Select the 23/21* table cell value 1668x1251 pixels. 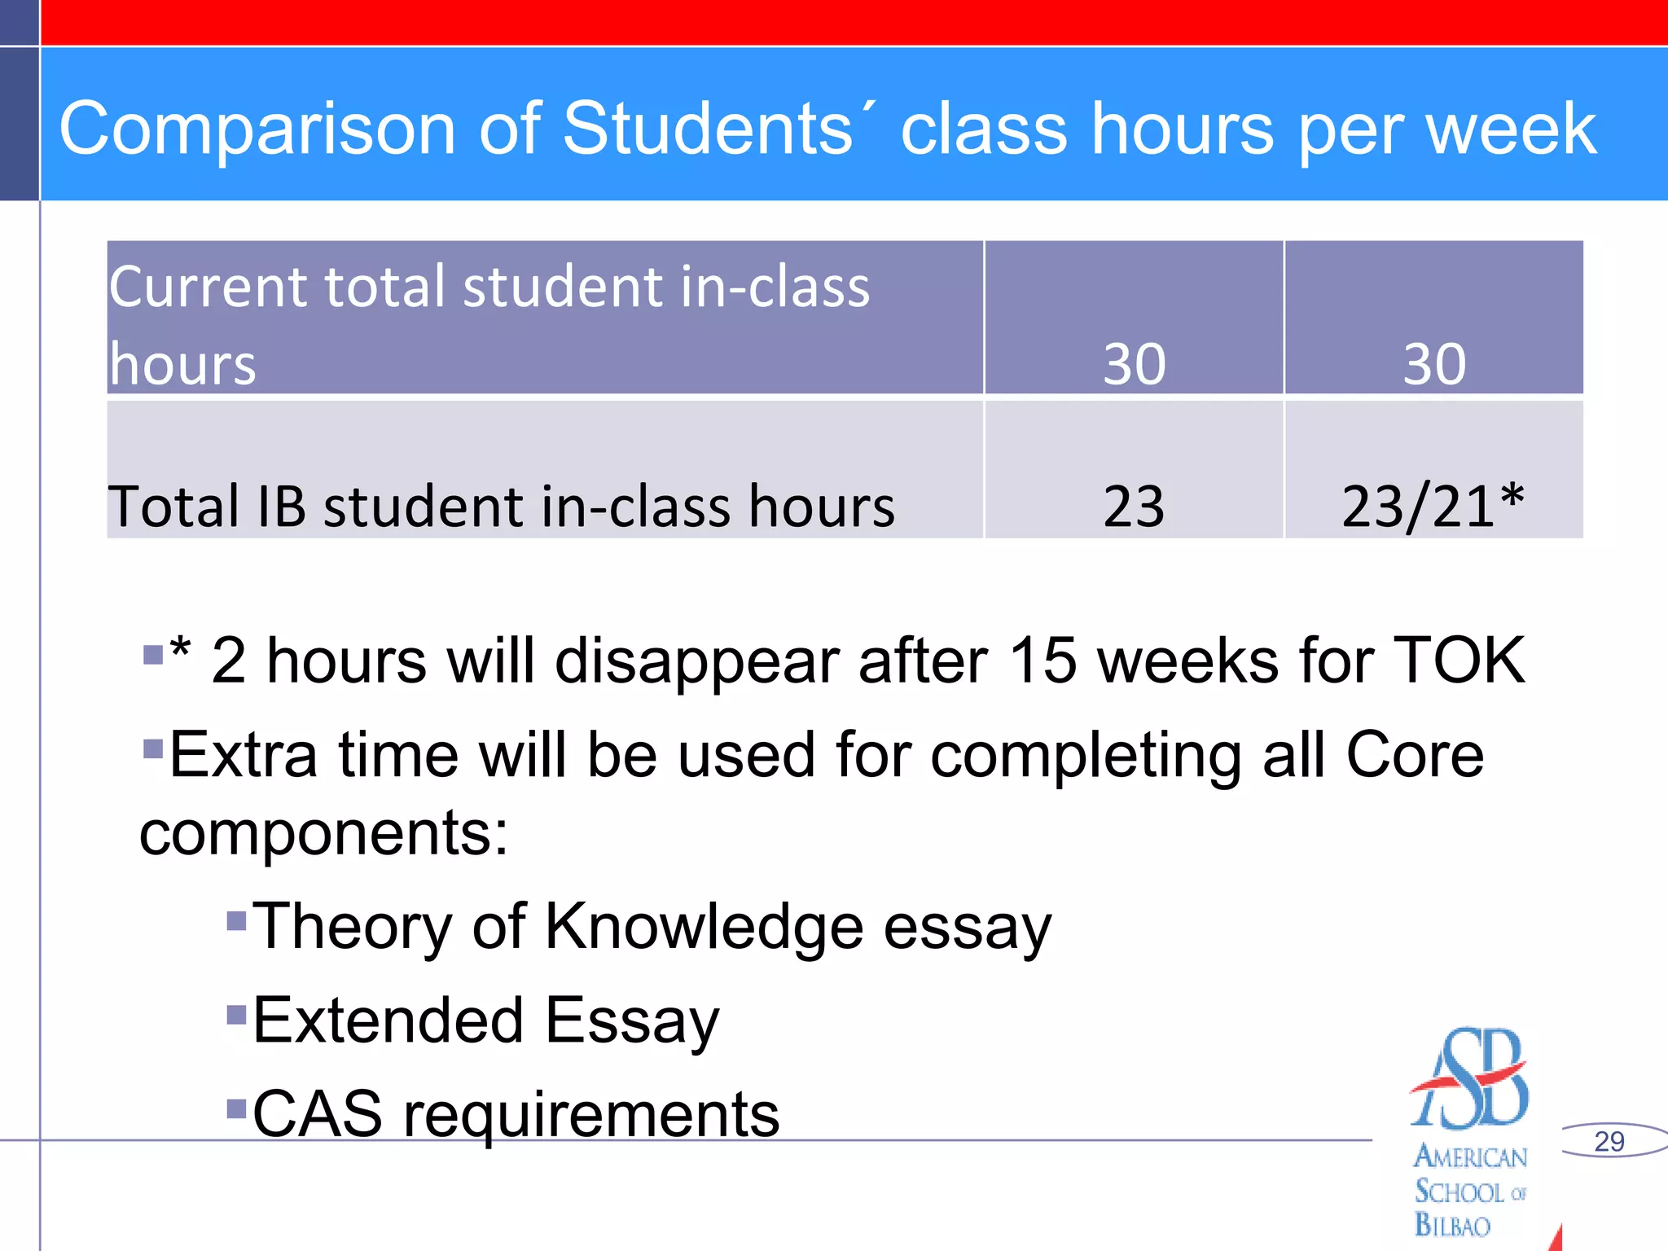tap(1433, 507)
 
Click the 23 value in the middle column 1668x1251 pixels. tap(1134, 507)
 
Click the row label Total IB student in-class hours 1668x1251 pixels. tap(501, 507)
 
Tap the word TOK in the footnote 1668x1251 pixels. tap(1459, 660)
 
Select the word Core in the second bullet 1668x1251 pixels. tap(1415, 754)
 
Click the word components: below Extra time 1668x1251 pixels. tap(324, 833)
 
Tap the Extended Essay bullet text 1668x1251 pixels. tap(486, 1020)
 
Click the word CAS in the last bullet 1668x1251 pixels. tap(318, 1113)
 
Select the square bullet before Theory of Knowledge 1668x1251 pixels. tap(236, 921)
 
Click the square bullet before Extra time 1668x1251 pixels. tap(152, 748)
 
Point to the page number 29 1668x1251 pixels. tap(1609, 1141)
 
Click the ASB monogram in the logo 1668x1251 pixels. tap(1471, 1079)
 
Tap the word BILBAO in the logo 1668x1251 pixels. tap(1452, 1225)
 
